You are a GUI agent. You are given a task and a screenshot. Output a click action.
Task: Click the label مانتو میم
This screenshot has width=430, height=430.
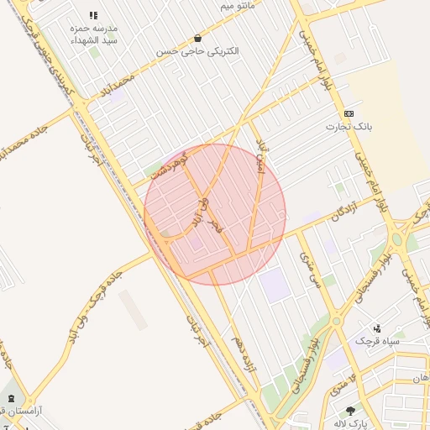(x=237, y=6)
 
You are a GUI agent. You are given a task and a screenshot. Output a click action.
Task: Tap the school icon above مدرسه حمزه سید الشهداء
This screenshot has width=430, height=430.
(x=93, y=15)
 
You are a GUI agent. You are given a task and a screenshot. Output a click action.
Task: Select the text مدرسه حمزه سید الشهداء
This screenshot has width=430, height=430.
(x=93, y=34)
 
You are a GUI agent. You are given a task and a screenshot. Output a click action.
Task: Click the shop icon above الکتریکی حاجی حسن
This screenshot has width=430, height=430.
(x=197, y=38)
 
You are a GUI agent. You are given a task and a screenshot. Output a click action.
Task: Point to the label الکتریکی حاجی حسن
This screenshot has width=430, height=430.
(x=197, y=51)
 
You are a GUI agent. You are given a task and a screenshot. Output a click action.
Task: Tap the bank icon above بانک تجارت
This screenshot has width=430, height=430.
(x=349, y=113)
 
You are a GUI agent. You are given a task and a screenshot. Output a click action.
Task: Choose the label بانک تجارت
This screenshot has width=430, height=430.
(x=349, y=127)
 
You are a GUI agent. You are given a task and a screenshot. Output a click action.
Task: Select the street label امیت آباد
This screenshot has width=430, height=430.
(x=261, y=160)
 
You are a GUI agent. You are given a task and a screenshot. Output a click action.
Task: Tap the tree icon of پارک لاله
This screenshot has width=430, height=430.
(x=350, y=411)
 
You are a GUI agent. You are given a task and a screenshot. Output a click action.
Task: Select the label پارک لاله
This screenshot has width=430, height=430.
(x=350, y=423)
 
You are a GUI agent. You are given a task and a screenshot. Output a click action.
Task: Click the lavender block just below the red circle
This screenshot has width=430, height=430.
(x=274, y=286)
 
